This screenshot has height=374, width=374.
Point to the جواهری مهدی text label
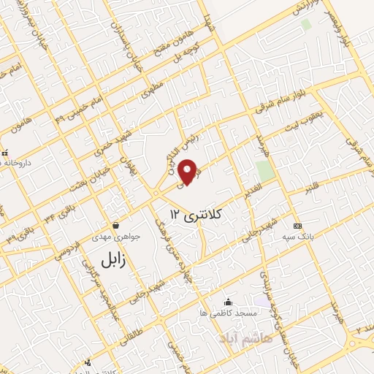point(110,237)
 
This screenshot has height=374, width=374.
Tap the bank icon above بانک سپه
point(296,226)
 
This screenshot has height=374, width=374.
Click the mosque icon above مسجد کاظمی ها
point(229,302)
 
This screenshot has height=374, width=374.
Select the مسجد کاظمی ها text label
point(234,313)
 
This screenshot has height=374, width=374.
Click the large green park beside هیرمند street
point(265,170)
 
